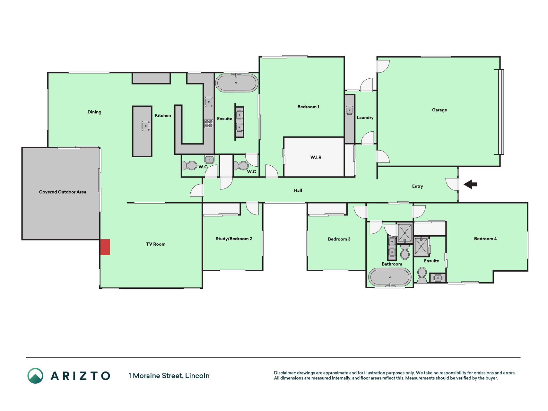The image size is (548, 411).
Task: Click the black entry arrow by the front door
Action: point(470,184)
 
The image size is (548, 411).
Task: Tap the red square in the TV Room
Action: point(105,247)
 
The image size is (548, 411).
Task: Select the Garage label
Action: point(439,110)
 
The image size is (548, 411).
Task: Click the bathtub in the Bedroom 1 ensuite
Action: point(237,83)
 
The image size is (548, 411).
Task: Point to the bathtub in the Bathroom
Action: point(390,277)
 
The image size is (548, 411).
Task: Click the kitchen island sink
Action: point(146,126)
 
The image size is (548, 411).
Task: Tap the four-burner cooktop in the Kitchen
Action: point(209,124)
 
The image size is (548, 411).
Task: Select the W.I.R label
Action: point(316,157)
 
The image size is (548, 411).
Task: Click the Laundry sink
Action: point(350,110)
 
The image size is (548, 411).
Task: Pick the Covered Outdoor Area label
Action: point(63,192)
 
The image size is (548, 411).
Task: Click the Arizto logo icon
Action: point(35,376)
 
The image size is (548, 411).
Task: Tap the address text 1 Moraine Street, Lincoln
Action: point(169,376)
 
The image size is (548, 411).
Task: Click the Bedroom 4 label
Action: point(485,239)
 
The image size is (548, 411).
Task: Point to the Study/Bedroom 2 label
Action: point(234,239)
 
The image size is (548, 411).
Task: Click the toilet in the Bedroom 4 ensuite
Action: point(422,275)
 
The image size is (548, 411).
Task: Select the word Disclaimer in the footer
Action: point(284,373)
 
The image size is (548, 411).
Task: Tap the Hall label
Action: point(298,190)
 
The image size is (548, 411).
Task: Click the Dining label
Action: point(94,112)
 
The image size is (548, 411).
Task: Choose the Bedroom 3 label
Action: point(339,239)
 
